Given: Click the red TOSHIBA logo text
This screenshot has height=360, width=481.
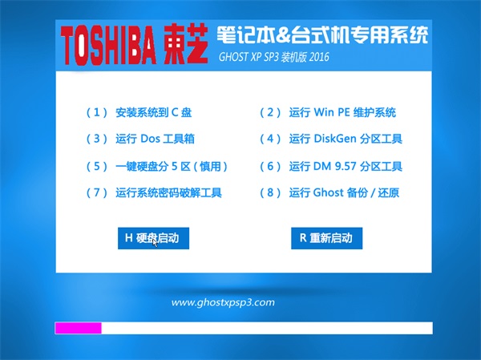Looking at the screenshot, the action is [108, 45].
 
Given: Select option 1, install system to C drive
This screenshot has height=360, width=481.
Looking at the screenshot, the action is [139, 112].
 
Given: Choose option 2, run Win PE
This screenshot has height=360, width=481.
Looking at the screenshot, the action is [328, 112].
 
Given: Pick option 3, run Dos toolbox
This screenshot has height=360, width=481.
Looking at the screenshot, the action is [140, 139].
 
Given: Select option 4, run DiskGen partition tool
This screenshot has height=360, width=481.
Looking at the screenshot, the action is [331, 139].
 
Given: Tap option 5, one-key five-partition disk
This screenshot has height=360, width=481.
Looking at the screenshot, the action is [157, 166].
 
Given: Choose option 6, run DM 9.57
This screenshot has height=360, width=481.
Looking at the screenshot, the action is [331, 166].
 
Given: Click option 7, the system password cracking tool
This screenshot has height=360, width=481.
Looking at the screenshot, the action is [154, 192].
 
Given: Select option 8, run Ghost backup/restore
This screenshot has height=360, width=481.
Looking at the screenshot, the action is [329, 192].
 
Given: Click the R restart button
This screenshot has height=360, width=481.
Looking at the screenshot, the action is [327, 238].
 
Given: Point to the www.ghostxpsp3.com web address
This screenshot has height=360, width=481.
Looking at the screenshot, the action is [223, 302].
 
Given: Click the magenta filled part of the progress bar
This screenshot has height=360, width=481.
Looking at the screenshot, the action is [79, 328].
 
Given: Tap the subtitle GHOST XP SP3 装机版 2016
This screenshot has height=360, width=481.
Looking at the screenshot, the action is [273, 57].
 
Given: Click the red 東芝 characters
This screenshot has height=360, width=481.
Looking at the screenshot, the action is [186, 45].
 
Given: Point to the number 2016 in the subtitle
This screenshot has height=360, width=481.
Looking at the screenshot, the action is [319, 57].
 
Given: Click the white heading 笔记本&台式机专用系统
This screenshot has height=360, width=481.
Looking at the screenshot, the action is [322, 35].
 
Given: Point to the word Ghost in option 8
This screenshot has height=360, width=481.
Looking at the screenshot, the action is [328, 192].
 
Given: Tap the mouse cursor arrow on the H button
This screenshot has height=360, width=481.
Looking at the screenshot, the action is [155, 242].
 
